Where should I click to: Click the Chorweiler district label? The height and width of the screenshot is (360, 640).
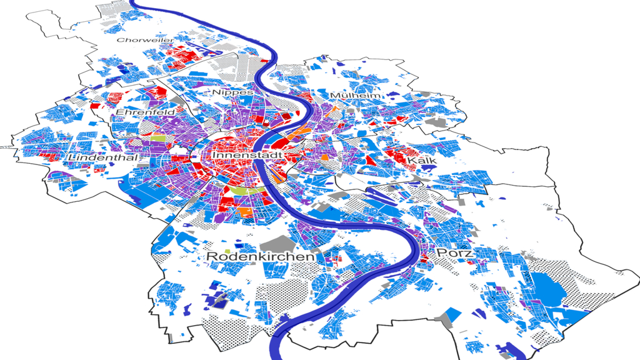click(x=137, y=41)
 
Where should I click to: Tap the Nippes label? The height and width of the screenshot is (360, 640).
click(x=233, y=92)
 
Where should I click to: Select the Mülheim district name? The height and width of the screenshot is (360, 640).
click(x=355, y=96)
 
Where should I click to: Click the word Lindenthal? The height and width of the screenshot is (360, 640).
click(x=103, y=157)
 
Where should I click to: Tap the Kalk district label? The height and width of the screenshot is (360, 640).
click(x=420, y=161)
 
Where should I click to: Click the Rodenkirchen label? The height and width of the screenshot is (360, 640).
click(x=260, y=256)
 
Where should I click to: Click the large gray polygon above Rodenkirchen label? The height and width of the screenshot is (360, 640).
click(x=279, y=243)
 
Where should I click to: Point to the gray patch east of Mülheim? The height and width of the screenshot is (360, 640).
click(x=441, y=122)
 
